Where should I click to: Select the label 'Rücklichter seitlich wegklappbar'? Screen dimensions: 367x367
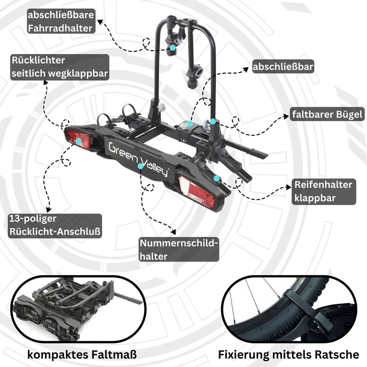(59, 67)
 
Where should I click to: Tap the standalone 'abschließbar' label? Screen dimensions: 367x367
(283, 67)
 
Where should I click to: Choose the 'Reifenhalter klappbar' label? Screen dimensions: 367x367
(323, 192)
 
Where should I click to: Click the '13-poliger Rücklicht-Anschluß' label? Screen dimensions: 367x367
(55, 225)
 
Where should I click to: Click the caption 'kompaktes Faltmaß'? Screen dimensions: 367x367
(82, 355)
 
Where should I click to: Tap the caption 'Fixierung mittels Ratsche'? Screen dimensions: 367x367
(289, 355)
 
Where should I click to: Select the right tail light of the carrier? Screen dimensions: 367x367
(197, 192)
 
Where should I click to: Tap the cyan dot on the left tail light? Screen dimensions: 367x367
(78, 141)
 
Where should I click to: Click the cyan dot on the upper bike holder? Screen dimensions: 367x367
(173, 47)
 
